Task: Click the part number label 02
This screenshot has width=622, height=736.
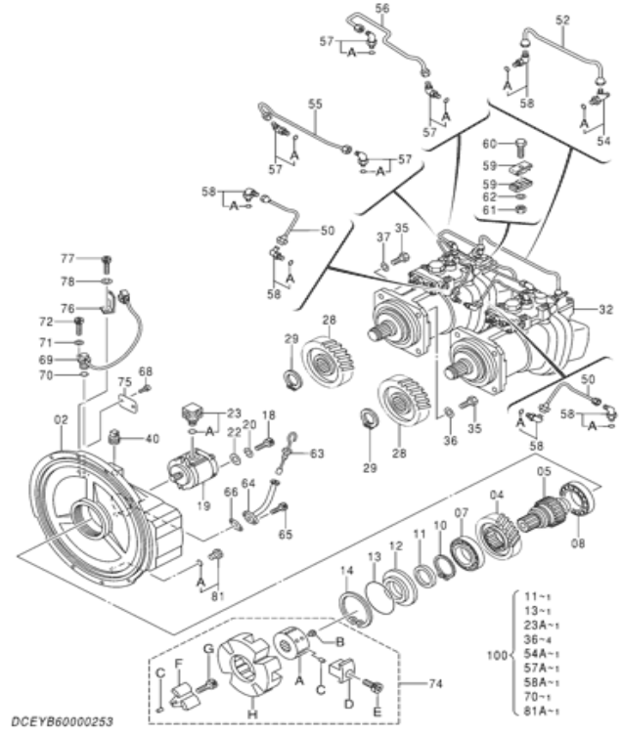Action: point(61,419)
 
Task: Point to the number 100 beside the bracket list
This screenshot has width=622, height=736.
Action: point(497,649)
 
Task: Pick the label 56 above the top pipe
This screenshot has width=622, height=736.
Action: point(381,8)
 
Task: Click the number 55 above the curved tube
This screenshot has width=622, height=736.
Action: point(315,103)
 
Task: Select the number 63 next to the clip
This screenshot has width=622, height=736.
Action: point(316,453)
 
